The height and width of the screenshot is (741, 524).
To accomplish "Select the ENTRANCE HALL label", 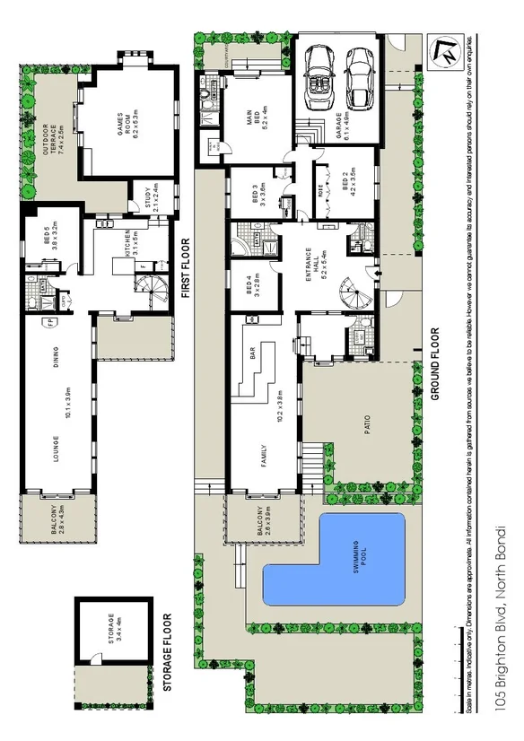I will [x=313, y=261].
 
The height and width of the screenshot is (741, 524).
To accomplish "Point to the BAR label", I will [x=252, y=356].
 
